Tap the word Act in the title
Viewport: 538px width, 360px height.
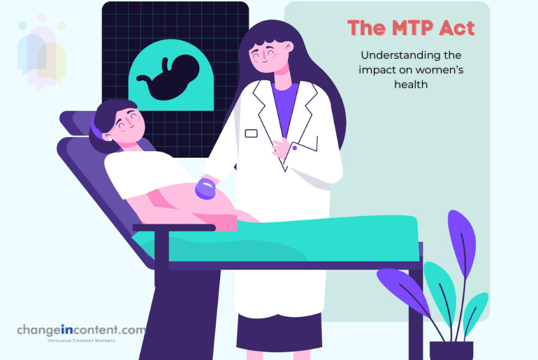(457, 29)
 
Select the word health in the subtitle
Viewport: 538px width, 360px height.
(410, 84)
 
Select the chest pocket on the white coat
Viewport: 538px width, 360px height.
(252, 133)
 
